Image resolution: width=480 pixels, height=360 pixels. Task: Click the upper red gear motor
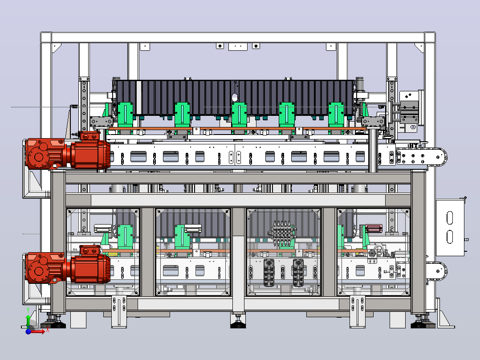[x=67, y=151]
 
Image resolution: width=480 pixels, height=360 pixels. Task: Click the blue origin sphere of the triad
[x=28, y=331]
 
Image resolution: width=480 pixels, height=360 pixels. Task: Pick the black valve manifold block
[x=282, y=233]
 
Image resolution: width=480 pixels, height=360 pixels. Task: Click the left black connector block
[x=269, y=273]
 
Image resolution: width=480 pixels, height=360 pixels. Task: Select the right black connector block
[x=298, y=273]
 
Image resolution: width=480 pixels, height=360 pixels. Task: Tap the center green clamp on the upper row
[x=239, y=115]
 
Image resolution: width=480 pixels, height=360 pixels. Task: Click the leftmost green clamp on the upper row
[x=125, y=115]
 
